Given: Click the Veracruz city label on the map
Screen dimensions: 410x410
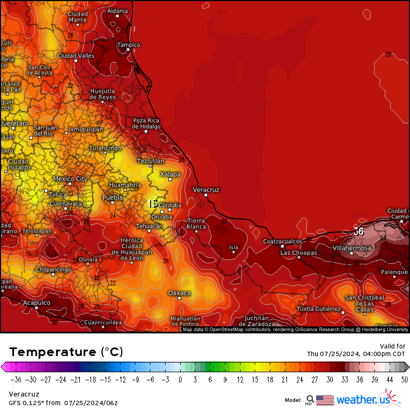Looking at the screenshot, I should (206, 190).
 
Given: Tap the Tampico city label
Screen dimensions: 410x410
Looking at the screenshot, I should (128, 45).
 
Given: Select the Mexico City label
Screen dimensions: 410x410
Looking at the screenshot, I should (70, 179).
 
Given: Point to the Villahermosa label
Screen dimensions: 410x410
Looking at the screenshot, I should (352, 248).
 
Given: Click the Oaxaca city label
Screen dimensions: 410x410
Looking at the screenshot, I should (180, 293).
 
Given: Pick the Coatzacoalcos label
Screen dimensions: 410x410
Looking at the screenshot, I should (282, 241).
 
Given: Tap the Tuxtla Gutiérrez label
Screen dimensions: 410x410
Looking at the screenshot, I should (319, 309).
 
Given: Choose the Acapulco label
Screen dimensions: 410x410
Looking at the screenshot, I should (37, 303).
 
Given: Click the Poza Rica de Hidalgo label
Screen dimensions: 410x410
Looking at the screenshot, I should (146, 124).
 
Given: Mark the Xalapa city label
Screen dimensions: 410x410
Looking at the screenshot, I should (170, 174).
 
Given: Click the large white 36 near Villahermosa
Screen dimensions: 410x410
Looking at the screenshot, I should (358, 231).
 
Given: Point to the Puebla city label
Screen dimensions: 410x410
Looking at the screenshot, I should (113, 198).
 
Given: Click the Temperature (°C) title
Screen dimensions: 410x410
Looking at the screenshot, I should (66, 352).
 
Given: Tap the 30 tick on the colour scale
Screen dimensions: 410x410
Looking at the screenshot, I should (329, 379).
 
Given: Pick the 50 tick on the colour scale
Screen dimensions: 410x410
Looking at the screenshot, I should (404, 379).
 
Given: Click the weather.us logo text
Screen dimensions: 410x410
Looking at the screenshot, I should (363, 400).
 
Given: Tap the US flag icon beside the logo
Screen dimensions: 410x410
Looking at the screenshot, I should (325, 400).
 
